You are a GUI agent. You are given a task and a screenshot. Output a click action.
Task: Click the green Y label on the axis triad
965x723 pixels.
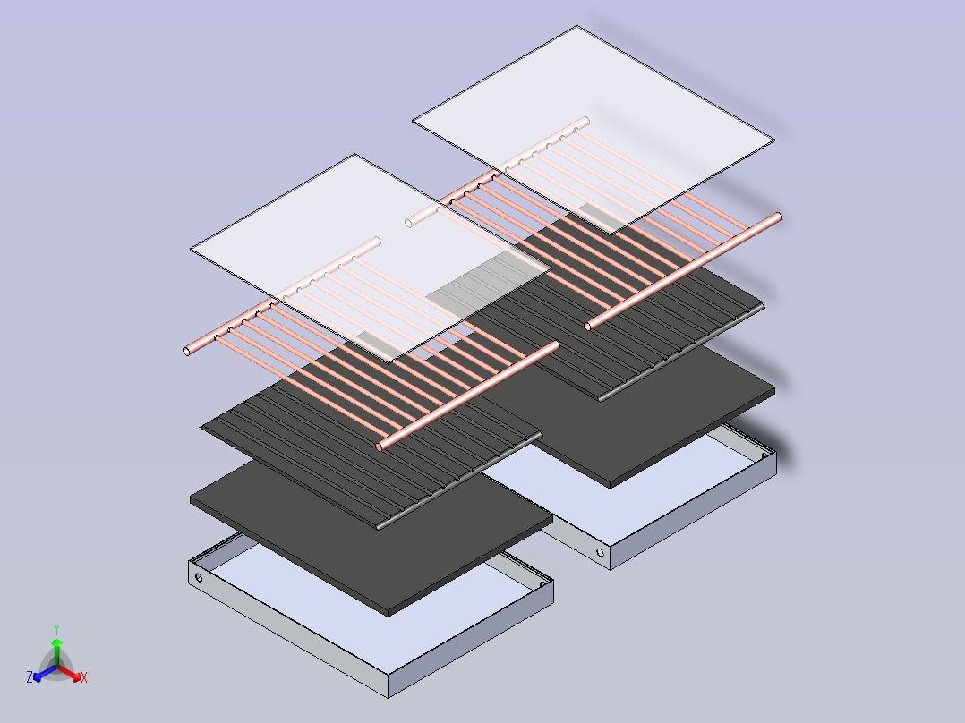coord(56,629)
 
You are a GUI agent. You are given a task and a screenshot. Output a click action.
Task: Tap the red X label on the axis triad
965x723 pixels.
coord(84,677)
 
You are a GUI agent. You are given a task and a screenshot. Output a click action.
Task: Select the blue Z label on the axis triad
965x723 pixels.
coord(29,677)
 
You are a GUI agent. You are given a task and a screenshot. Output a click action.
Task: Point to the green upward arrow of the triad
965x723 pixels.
coord(56,651)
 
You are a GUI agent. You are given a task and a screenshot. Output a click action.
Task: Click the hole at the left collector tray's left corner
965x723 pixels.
coord(199,578)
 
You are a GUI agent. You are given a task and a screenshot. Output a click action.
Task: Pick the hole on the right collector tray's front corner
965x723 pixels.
coord(601,553)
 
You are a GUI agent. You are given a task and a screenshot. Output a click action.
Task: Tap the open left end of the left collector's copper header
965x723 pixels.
coord(186,352)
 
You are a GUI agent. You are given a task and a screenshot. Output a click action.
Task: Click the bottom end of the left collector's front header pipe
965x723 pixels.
coord(380,447)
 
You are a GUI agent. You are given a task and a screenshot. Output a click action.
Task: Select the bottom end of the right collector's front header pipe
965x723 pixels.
coord(588,327)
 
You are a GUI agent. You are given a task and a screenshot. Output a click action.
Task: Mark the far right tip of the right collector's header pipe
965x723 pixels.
coord(779,217)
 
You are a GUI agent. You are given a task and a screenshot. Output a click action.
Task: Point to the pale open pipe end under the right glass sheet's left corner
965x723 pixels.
coord(408,224)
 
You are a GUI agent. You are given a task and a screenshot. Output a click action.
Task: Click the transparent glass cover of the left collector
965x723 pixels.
coord(370,259)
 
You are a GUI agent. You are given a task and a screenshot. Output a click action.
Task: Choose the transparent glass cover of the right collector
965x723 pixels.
coord(594,130)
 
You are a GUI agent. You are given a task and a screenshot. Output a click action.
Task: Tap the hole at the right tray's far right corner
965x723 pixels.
coord(764,456)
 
